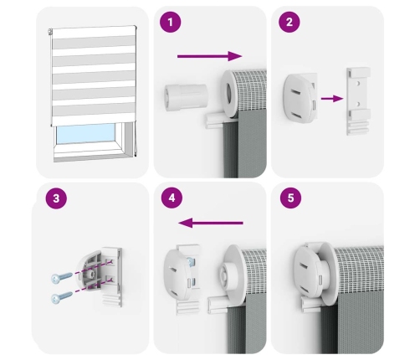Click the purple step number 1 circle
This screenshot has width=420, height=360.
coord(171,22)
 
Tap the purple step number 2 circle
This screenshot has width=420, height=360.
coord(289,22)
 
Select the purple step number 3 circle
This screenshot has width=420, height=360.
coord(56,198)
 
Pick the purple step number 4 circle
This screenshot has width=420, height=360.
coord(172,198)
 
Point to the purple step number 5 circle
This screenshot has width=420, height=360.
coord(290,198)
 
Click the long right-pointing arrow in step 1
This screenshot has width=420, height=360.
coord(210,56)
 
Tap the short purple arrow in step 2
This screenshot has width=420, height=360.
coord(332,98)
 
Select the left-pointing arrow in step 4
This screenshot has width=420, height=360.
coord(211,223)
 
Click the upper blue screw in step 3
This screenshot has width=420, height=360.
coord(62,278)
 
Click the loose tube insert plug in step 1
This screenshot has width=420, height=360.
coord(186,97)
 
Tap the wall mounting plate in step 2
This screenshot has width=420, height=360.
coord(358,101)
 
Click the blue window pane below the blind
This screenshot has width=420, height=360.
coord(85,133)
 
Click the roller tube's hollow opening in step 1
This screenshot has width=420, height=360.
coord(229,94)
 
